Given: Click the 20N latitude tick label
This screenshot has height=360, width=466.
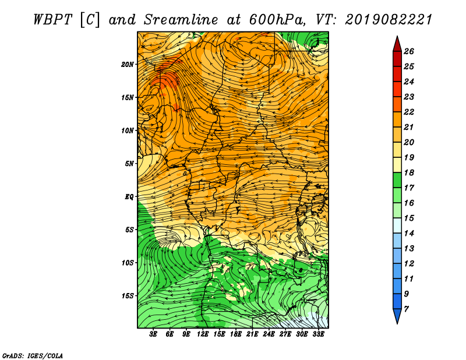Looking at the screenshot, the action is pos(128,65).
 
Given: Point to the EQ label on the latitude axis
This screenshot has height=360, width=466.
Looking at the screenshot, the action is pos(129,197).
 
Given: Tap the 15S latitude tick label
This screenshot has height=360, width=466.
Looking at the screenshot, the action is pos(128,296).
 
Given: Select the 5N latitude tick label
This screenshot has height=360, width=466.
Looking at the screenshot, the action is pos(129,164).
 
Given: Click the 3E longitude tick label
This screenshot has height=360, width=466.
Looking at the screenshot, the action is pos(153,334).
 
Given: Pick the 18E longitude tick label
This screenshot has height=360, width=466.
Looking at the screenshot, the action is pos(236,334).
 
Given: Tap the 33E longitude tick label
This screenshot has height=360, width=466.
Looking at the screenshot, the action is pos(318,334).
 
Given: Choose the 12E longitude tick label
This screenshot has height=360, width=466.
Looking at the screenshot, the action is pos(203,334).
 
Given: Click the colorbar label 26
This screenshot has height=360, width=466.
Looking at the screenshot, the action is pos(409,51).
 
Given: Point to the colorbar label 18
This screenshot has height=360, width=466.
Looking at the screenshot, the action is pos(409,172).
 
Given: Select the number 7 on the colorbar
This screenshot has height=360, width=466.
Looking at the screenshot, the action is pos(406,309).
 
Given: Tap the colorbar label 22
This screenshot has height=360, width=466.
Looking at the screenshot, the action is pos(409,112).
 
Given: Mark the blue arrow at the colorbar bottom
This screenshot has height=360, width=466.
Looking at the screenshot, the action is pos(397,316).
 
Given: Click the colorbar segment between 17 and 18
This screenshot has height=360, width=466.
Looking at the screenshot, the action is pos(397,180).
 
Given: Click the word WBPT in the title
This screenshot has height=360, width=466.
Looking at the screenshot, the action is pos(52,20).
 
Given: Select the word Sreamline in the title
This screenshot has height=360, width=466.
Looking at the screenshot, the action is pos(181,20).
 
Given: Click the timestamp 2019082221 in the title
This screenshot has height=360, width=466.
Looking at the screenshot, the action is pos(389,20).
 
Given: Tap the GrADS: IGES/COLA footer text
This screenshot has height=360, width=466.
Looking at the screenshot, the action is pos(33,356).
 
